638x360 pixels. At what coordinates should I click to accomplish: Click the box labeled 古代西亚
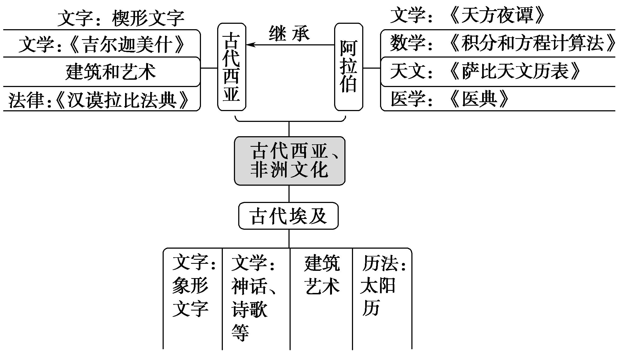[x=231, y=67]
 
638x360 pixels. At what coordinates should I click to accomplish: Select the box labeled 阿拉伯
[x=348, y=67]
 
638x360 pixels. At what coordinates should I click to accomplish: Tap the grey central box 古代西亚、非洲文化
[x=290, y=161]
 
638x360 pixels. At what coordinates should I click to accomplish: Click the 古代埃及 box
[x=288, y=216]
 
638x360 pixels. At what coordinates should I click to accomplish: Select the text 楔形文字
[x=148, y=18]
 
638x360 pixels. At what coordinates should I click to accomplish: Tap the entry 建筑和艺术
[x=110, y=72]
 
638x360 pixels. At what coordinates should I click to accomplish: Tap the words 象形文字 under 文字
[x=190, y=297]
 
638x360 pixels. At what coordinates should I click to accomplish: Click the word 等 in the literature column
[x=240, y=332]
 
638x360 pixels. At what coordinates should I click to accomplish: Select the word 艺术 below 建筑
[x=322, y=286]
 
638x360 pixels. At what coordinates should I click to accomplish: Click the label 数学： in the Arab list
[x=411, y=43]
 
